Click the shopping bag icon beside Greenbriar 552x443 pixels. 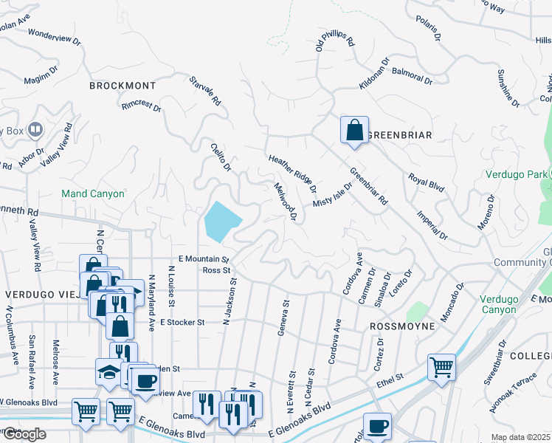354,130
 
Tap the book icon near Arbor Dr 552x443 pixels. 33,131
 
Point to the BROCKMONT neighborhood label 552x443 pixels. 123,86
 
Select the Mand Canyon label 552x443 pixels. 92,193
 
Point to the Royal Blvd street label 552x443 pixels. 427,182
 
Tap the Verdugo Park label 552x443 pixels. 516,174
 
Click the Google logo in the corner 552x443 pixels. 24,434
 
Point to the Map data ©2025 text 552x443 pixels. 520,437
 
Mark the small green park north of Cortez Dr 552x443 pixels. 417,312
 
